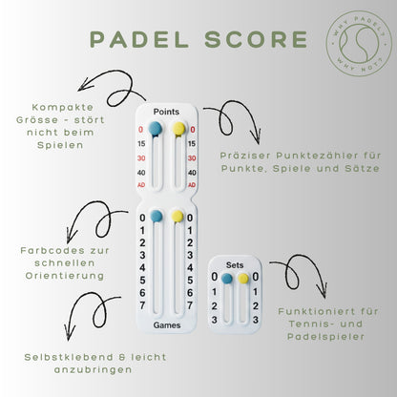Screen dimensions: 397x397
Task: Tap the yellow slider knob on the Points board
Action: click(x=178, y=129)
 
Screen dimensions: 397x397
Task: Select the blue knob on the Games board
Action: click(x=156, y=219)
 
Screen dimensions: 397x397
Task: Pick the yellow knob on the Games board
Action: click(x=178, y=218)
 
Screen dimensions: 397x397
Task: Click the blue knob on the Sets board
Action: click(x=226, y=279)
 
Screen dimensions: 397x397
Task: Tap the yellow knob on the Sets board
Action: click(x=243, y=279)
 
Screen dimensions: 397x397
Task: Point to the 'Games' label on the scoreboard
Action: click(x=167, y=325)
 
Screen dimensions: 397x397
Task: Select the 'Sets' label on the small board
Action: click(x=235, y=263)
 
